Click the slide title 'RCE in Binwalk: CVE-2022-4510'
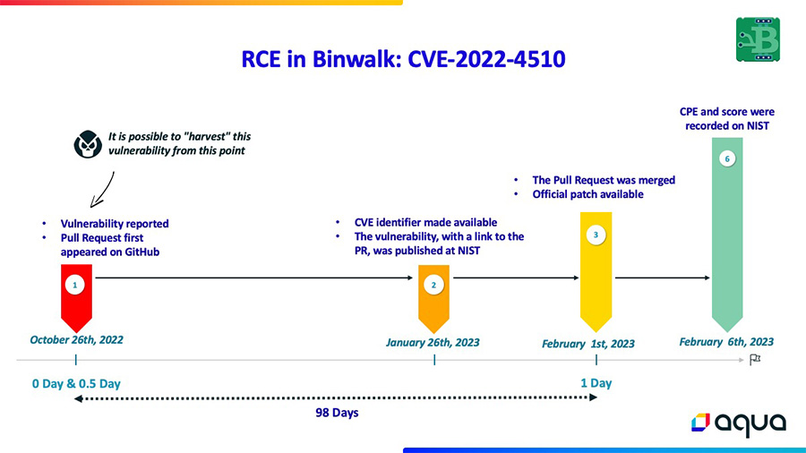tap(404, 59)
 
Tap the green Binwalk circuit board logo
tap(758, 39)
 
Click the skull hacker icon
tap(88, 144)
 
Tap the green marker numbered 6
tap(727, 235)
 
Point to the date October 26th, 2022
tap(77, 340)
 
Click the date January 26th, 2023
tap(433, 343)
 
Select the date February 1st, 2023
tap(588, 344)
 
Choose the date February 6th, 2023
tap(726, 342)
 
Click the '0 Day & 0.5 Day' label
tap(76, 384)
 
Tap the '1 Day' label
tap(596, 383)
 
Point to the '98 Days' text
tap(337, 413)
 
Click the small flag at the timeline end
tap(755, 360)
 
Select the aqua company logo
tap(739, 423)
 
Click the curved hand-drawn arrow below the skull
tap(103, 191)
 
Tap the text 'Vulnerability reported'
tap(115, 224)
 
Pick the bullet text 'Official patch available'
tap(588, 194)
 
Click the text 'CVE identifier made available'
tap(425, 222)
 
